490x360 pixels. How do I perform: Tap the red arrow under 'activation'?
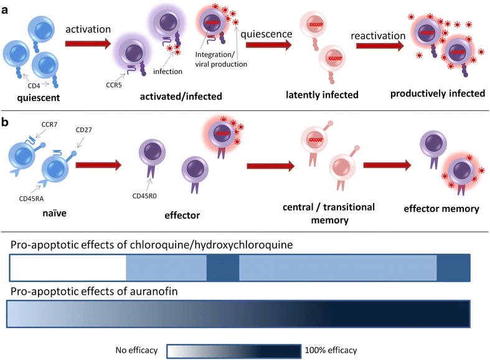pos(88,44)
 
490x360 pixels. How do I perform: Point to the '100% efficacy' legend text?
pos(331,351)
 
